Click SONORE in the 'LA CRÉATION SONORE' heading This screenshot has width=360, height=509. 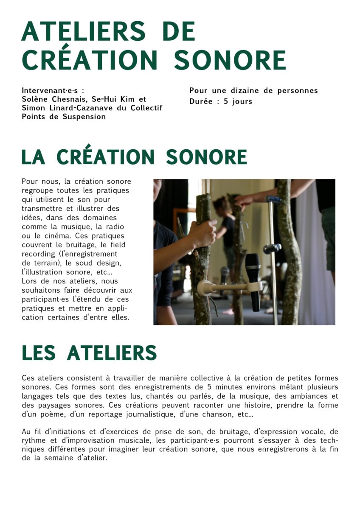[x=206, y=157]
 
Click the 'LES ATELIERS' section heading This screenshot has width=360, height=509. [x=89, y=353]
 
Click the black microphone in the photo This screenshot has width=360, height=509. [x=253, y=280]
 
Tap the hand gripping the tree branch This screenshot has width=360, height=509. [x=203, y=233]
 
